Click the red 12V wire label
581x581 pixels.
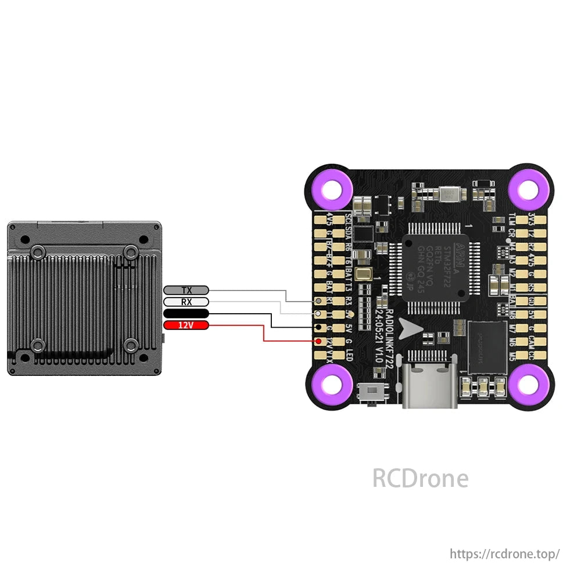pyautogui.click(x=185, y=325)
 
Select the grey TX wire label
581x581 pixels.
pyautogui.click(x=186, y=290)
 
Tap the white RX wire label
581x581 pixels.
pyautogui.click(x=186, y=302)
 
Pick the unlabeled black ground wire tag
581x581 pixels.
pyautogui.click(x=186, y=314)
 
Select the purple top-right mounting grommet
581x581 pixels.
pyautogui.click(x=529, y=189)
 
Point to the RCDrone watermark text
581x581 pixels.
pyautogui.click(x=420, y=479)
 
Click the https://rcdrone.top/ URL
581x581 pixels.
pyautogui.click(x=505, y=554)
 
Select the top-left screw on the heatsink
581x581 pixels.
pyautogui.click(x=37, y=252)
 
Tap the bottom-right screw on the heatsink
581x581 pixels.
pyautogui.click(x=131, y=346)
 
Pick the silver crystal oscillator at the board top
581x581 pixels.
pyautogui.click(x=451, y=194)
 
